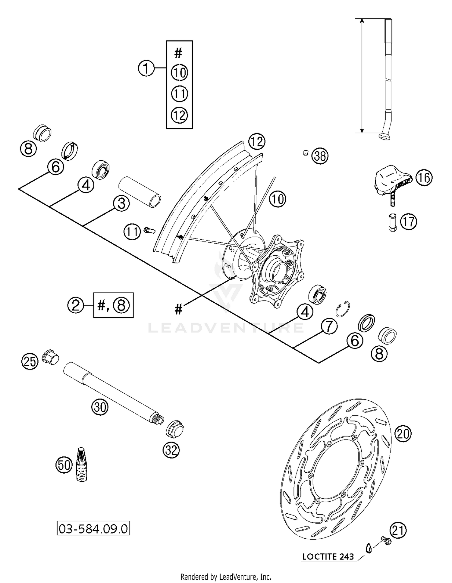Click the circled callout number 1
pyautogui.click(x=146, y=68)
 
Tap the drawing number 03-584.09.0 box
pyautogui.click(x=93, y=529)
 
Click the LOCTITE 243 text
pyautogui.click(x=328, y=556)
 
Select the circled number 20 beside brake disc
pyautogui.click(x=403, y=434)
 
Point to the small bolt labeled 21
pyautogui.click(x=385, y=540)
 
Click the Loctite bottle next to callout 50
pyautogui.click(x=81, y=465)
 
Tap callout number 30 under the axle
pyautogui.click(x=100, y=407)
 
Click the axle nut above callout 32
pyautogui.click(x=175, y=428)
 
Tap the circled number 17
pyautogui.click(x=408, y=222)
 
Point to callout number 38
pyautogui.click(x=320, y=156)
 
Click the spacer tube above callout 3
pyautogui.click(x=140, y=192)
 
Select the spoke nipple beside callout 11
pyautogui.click(x=149, y=231)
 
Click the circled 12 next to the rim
pyautogui.click(x=257, y=142)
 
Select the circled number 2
pyautogui.click(x=75, y=305)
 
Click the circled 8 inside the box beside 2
pyautogui.click(x=121, y=305)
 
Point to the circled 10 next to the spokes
pyautogui.click(x=277, y=199)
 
